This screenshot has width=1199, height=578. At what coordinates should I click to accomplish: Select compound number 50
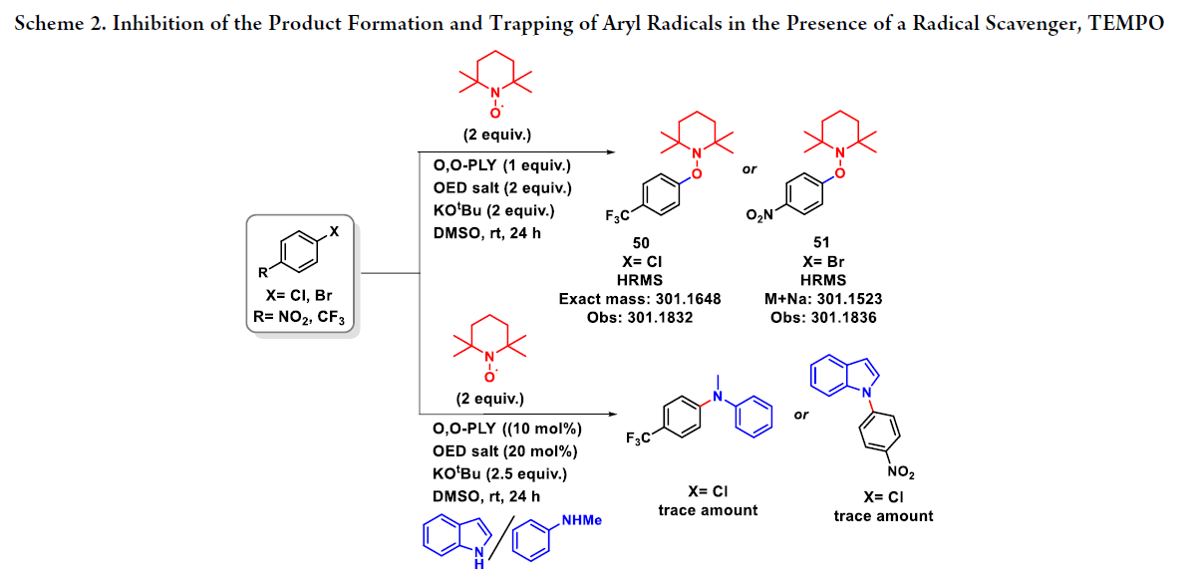(640, 242)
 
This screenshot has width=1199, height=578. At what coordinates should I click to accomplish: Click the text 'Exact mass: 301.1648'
(641, 298)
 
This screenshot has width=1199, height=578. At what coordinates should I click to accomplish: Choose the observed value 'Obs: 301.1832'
(641, 317)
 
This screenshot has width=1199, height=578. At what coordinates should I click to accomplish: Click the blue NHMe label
(582, 520)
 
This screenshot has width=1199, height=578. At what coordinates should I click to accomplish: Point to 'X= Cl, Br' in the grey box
(300, 297)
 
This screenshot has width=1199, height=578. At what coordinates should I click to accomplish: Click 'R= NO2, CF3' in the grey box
(300, 318)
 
